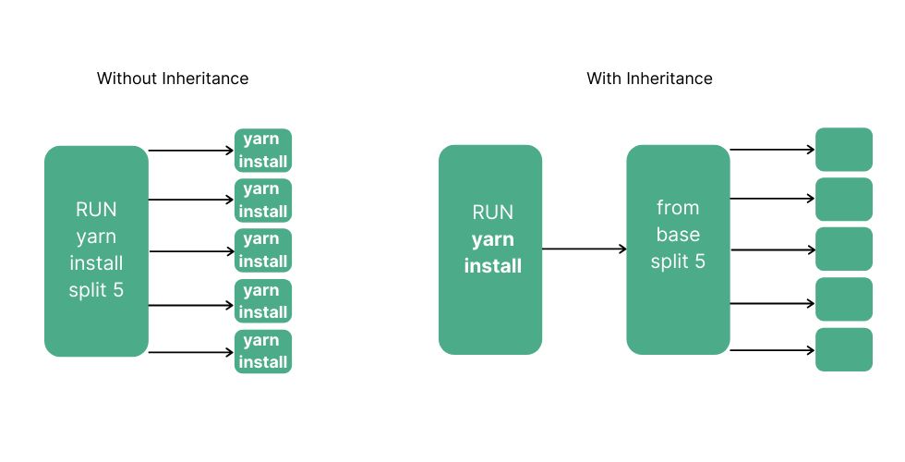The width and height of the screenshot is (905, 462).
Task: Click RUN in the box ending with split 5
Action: [96, 210]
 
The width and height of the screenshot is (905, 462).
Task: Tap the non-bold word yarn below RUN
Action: [96, 237]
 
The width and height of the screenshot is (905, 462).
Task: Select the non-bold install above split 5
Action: [96, 263]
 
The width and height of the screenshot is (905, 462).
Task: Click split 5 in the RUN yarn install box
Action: [96, 290]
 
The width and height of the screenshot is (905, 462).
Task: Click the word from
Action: [678, 207]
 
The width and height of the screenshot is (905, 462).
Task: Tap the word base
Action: [678, 234]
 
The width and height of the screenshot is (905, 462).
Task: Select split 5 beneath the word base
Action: [678, 261]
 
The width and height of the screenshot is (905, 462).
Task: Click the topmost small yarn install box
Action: [263, 151]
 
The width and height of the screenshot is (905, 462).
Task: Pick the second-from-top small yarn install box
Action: [263, 201]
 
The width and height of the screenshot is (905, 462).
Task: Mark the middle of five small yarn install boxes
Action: [263, 250]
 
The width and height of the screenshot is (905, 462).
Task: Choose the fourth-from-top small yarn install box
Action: [263, 301]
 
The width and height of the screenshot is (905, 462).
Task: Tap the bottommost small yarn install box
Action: [263, 351]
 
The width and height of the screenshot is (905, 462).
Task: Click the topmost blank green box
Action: [844, 150]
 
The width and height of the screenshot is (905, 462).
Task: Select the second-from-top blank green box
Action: [844, 200]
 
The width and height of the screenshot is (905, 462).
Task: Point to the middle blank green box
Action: [844, 249]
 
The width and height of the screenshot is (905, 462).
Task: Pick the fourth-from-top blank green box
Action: [844, 299]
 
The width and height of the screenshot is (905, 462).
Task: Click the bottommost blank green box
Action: [844, 349]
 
